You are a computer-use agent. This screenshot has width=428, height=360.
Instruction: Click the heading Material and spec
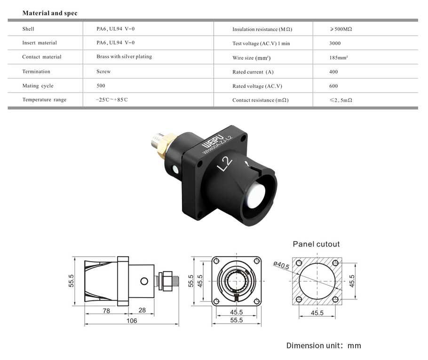click(x=50, y=13)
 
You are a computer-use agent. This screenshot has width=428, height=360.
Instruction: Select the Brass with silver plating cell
click(x=124, y=57)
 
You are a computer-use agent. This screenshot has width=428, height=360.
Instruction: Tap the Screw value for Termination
click(x=103, y=71)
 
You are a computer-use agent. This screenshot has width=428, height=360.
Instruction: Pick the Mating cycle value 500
click(x=101, y=86)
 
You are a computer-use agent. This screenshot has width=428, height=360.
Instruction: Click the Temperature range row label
click(x=44, y=100)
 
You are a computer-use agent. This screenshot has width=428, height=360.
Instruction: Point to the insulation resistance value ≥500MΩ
click(x=341, y=29)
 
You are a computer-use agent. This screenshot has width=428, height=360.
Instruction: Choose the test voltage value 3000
click(x=336, y=43)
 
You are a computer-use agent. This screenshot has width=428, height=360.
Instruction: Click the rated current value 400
click(x=333, y=72)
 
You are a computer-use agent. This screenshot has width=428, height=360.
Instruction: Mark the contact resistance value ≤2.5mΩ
click(x=341, y=100)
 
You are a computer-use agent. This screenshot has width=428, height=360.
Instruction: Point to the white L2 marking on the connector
click(x=225, y=164)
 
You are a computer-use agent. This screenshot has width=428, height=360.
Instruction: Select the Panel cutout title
click(x=316, y=244)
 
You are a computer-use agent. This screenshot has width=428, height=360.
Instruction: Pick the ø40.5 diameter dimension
click(x=281, y=265)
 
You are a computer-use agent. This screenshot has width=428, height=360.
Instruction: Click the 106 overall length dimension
click(x=132, y=321)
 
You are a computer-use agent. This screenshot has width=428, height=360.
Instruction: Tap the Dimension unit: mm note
click(x=324, y=345)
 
